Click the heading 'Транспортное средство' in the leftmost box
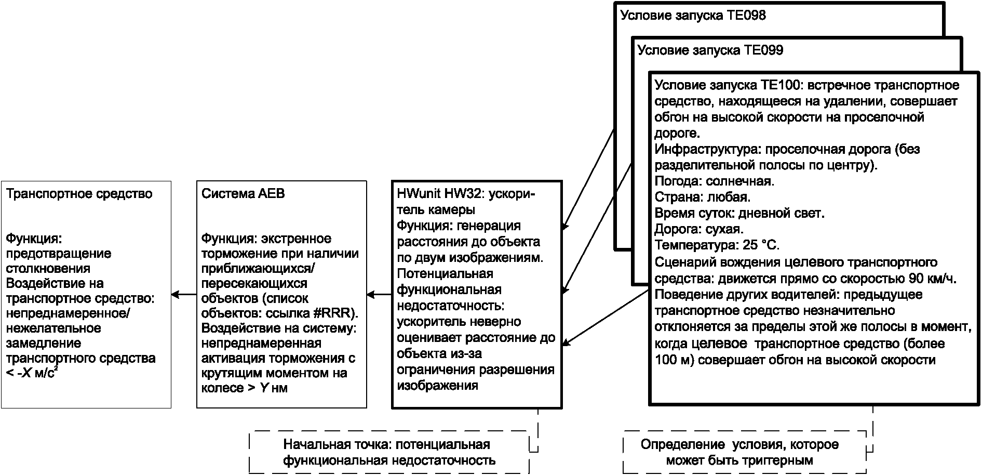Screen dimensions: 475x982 [79, 194]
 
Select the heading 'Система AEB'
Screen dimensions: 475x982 [243, 194]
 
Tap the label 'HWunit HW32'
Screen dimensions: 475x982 [439, 194]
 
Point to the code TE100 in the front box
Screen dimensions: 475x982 [781, 85]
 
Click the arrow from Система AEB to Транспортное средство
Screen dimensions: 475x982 [184, 295]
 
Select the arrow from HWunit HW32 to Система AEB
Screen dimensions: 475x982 [379, 295]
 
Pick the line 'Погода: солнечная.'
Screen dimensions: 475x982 [714, 181]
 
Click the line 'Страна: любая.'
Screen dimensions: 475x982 [702, 197]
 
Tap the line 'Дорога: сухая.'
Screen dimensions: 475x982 [699, 229]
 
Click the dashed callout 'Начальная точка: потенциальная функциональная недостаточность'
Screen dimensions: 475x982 [389, 452]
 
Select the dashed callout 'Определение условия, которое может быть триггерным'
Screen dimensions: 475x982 [739, 452]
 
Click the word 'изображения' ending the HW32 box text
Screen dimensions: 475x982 [437, 386]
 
